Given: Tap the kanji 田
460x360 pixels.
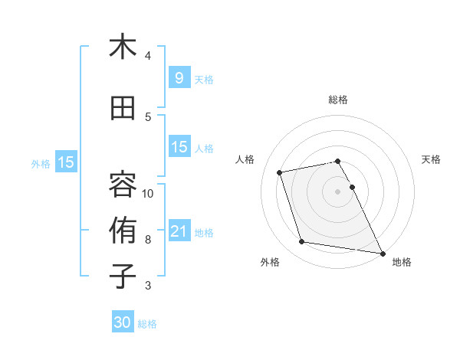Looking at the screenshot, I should pyautogui.click(x=123, y=109).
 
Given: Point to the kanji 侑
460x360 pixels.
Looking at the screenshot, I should pyautogui.click(x=123, y=231).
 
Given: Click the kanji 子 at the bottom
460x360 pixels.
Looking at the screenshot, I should pyautogui.click(x=123, y=276).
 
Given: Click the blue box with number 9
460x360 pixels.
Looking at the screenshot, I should pyautogui.click(x=179, y=78).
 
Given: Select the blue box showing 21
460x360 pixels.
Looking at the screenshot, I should pyautogui.click(x=179, y=231).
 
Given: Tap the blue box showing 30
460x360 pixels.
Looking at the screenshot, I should pyautogui.click(x=123, y=322).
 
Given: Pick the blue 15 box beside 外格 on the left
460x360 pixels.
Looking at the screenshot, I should pyautogui.click(x=65, y=162).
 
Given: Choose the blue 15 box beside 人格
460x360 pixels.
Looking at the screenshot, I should pyautogui.click(x=179, y=147).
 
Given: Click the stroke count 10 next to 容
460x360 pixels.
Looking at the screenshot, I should pyautogui.click(x=148, y=193).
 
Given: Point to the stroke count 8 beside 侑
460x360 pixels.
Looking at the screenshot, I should pyautogui.click(x=148, y=240).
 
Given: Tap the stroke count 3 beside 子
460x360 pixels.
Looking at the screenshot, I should pyautogui.click(x=148, y=286).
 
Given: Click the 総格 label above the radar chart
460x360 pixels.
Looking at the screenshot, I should pyautogui.click(x=338, y=100).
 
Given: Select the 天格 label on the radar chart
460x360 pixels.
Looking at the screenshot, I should pyautogui.click(x=432, y=159).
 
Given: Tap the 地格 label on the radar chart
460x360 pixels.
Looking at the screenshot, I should pyautogui.click(x=402, y=263).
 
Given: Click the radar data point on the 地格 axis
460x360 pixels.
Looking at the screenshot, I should pyautogui.click(x=382, y=253).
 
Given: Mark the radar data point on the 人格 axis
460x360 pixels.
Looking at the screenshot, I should pyautogui.click(x=280, y=172).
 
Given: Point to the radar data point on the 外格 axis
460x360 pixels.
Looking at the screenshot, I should pyautogui.click(x=302, y=242).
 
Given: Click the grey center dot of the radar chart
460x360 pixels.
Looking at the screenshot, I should pyautogui.click(x=338, y=191).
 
